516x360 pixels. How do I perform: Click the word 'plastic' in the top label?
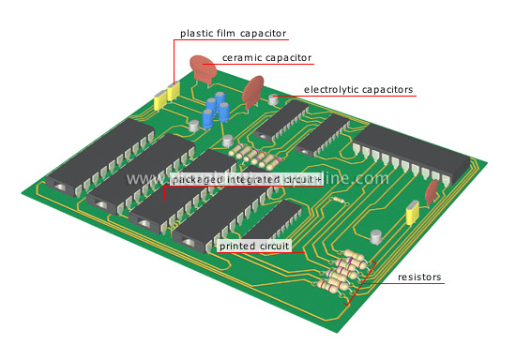(198, 34)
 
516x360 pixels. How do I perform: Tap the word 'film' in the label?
(231, 34)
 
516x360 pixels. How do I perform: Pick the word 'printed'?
(238, 245)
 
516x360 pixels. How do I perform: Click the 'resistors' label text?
(419, 277)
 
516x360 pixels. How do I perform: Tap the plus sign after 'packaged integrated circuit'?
(318, 178)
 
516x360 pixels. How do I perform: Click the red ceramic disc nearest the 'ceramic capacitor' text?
(203, 67)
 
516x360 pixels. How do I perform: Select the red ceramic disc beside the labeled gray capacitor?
(252, 93)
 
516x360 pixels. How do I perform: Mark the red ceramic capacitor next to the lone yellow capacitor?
(431, 191)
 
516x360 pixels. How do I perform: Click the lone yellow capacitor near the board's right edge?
(411, 216)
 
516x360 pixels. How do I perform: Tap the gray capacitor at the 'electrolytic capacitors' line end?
(275, 99)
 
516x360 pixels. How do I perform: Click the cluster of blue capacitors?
(217, 113)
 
